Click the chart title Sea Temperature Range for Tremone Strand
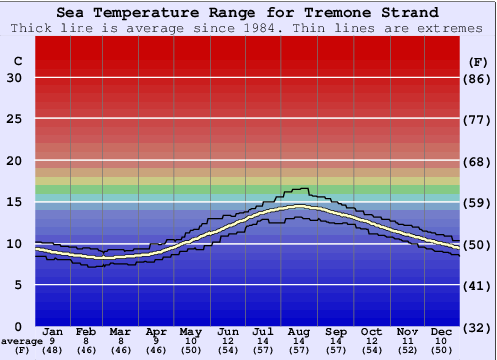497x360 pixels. (247, 13)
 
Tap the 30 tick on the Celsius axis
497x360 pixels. (15, 78)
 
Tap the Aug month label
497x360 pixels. (299, 331)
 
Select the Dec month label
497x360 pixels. (443, 331)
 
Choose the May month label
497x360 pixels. (190, 331)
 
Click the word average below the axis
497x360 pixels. (22, 341)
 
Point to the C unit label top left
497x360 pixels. (17, 61)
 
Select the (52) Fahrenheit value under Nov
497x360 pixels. (407, 351)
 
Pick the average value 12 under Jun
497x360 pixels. (228, 341)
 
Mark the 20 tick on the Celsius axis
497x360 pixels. (15, 161)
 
